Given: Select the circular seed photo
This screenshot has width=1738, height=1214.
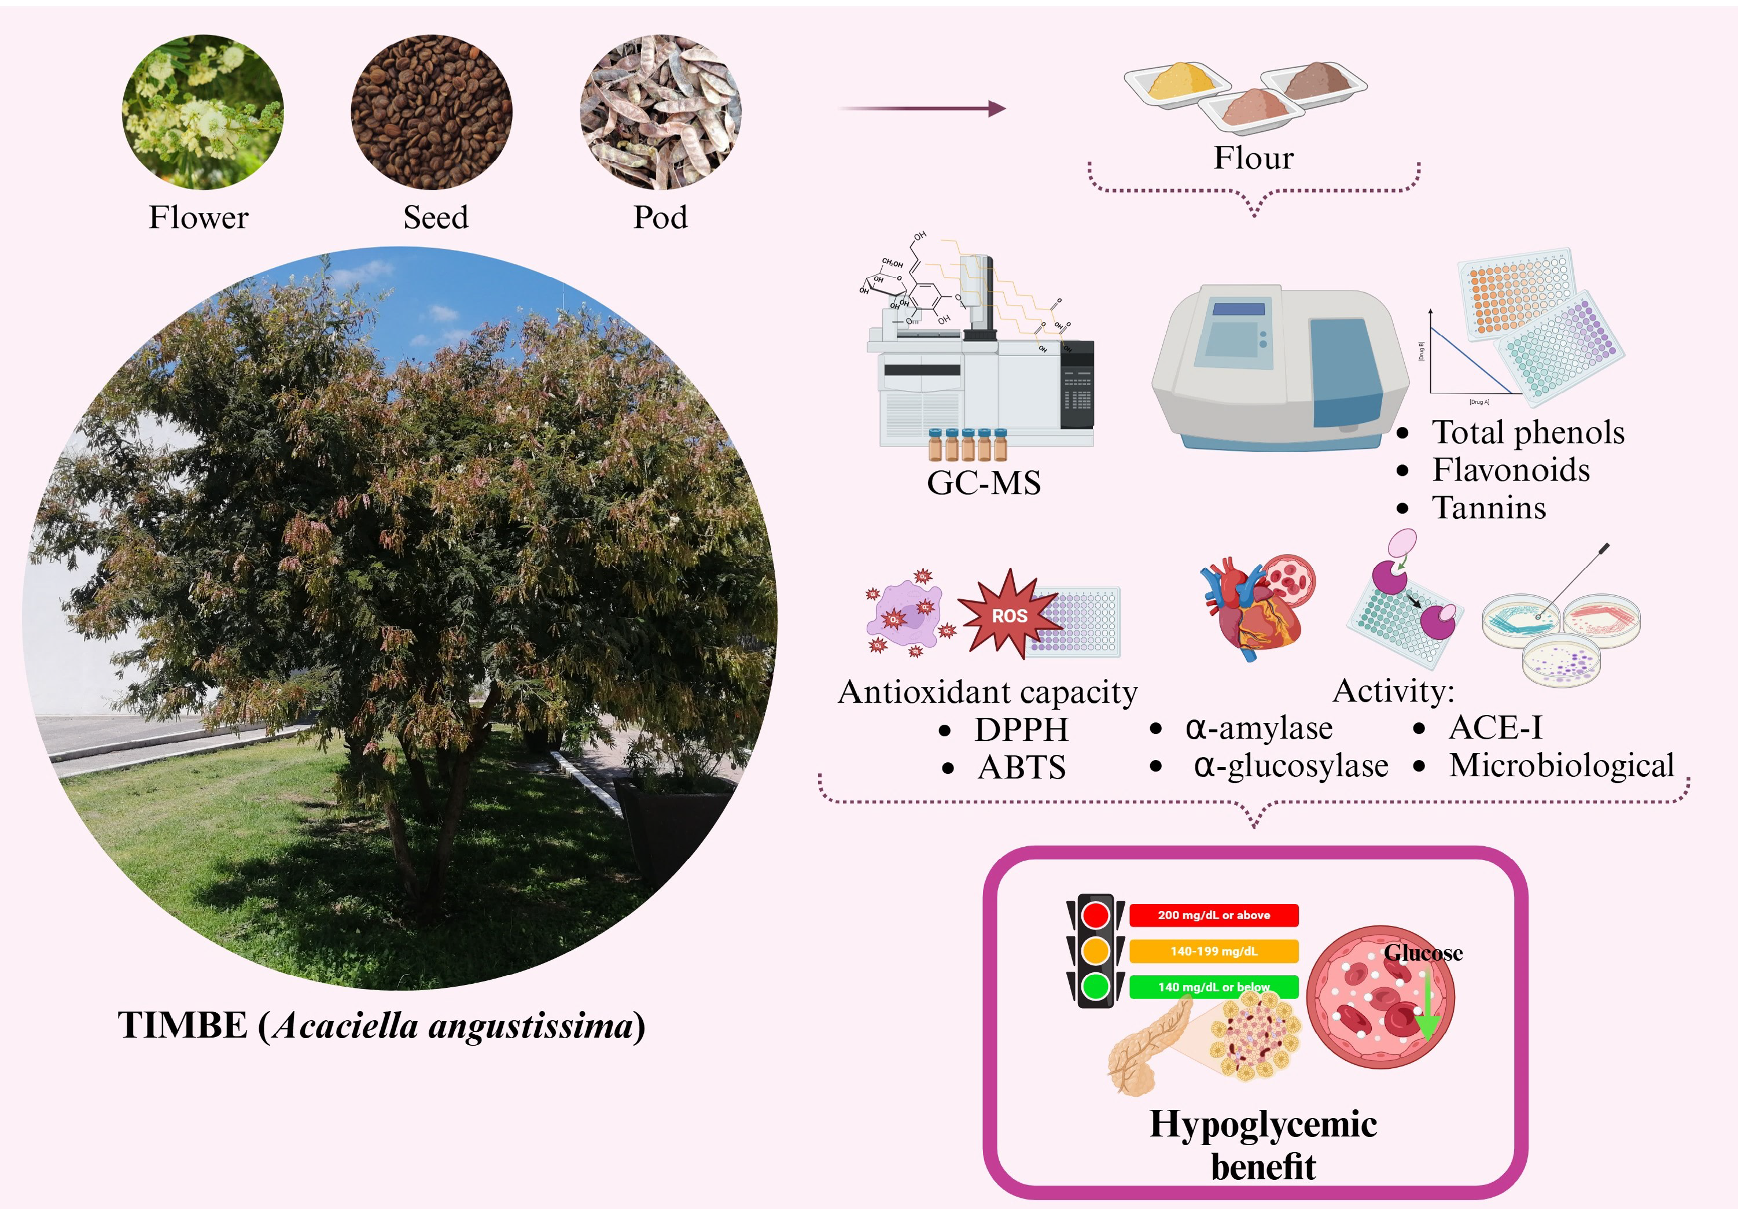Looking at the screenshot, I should (432, 112).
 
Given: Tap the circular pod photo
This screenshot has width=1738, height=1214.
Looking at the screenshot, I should (660, 112).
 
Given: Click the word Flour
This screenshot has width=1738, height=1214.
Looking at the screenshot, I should (1254, 157).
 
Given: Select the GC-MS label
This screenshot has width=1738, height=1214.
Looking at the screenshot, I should (984, 483).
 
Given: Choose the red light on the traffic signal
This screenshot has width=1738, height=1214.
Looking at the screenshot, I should (1095, 915).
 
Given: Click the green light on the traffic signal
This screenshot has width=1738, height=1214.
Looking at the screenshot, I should (1095, 986).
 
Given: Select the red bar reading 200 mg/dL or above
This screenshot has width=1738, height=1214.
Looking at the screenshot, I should (1213, 915).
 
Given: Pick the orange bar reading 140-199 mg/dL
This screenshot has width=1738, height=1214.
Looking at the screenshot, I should (1213, 951).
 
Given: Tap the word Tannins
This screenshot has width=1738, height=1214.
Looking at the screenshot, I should (1488, 508).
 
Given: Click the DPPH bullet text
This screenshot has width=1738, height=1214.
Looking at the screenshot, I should (1021, 729).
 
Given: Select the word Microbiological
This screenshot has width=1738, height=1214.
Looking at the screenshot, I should (1561, 765).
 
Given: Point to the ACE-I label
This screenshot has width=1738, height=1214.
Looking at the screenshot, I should (1495, 728).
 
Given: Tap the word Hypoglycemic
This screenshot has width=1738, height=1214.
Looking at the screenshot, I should (1262, 1124).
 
